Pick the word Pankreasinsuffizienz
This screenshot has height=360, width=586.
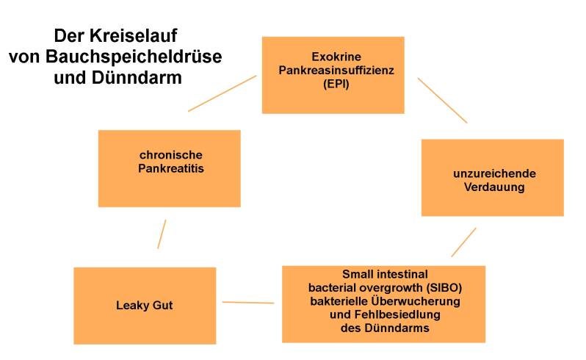point(333,70)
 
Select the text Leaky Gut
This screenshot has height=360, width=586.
point(145,305)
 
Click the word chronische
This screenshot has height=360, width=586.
point(170,155)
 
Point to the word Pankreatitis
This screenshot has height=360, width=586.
point(170,169)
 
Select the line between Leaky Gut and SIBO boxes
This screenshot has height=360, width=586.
point(248,302)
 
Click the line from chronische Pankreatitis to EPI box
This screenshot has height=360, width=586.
point(222,93)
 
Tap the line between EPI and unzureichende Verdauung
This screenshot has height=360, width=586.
point(442,100)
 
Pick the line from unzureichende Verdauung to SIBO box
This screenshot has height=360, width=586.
point(463,242)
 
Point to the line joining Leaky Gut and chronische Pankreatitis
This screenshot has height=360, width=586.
point(162,234)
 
